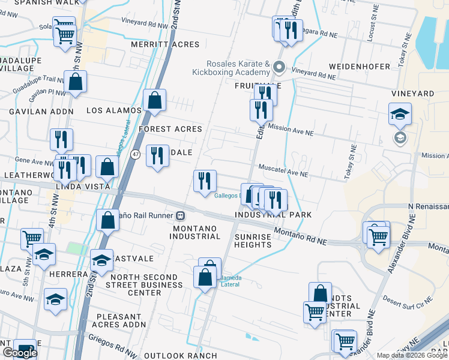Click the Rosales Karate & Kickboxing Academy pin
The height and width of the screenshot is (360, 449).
[x=279, y=67]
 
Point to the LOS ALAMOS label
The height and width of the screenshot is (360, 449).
[x=114, y=110]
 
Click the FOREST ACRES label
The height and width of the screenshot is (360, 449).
[x=170, y=129]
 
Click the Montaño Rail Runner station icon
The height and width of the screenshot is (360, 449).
[x=179, y=215]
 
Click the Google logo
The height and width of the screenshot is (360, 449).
[x=20, y=353]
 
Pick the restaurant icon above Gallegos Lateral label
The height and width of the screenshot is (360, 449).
[x=205, y=181]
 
